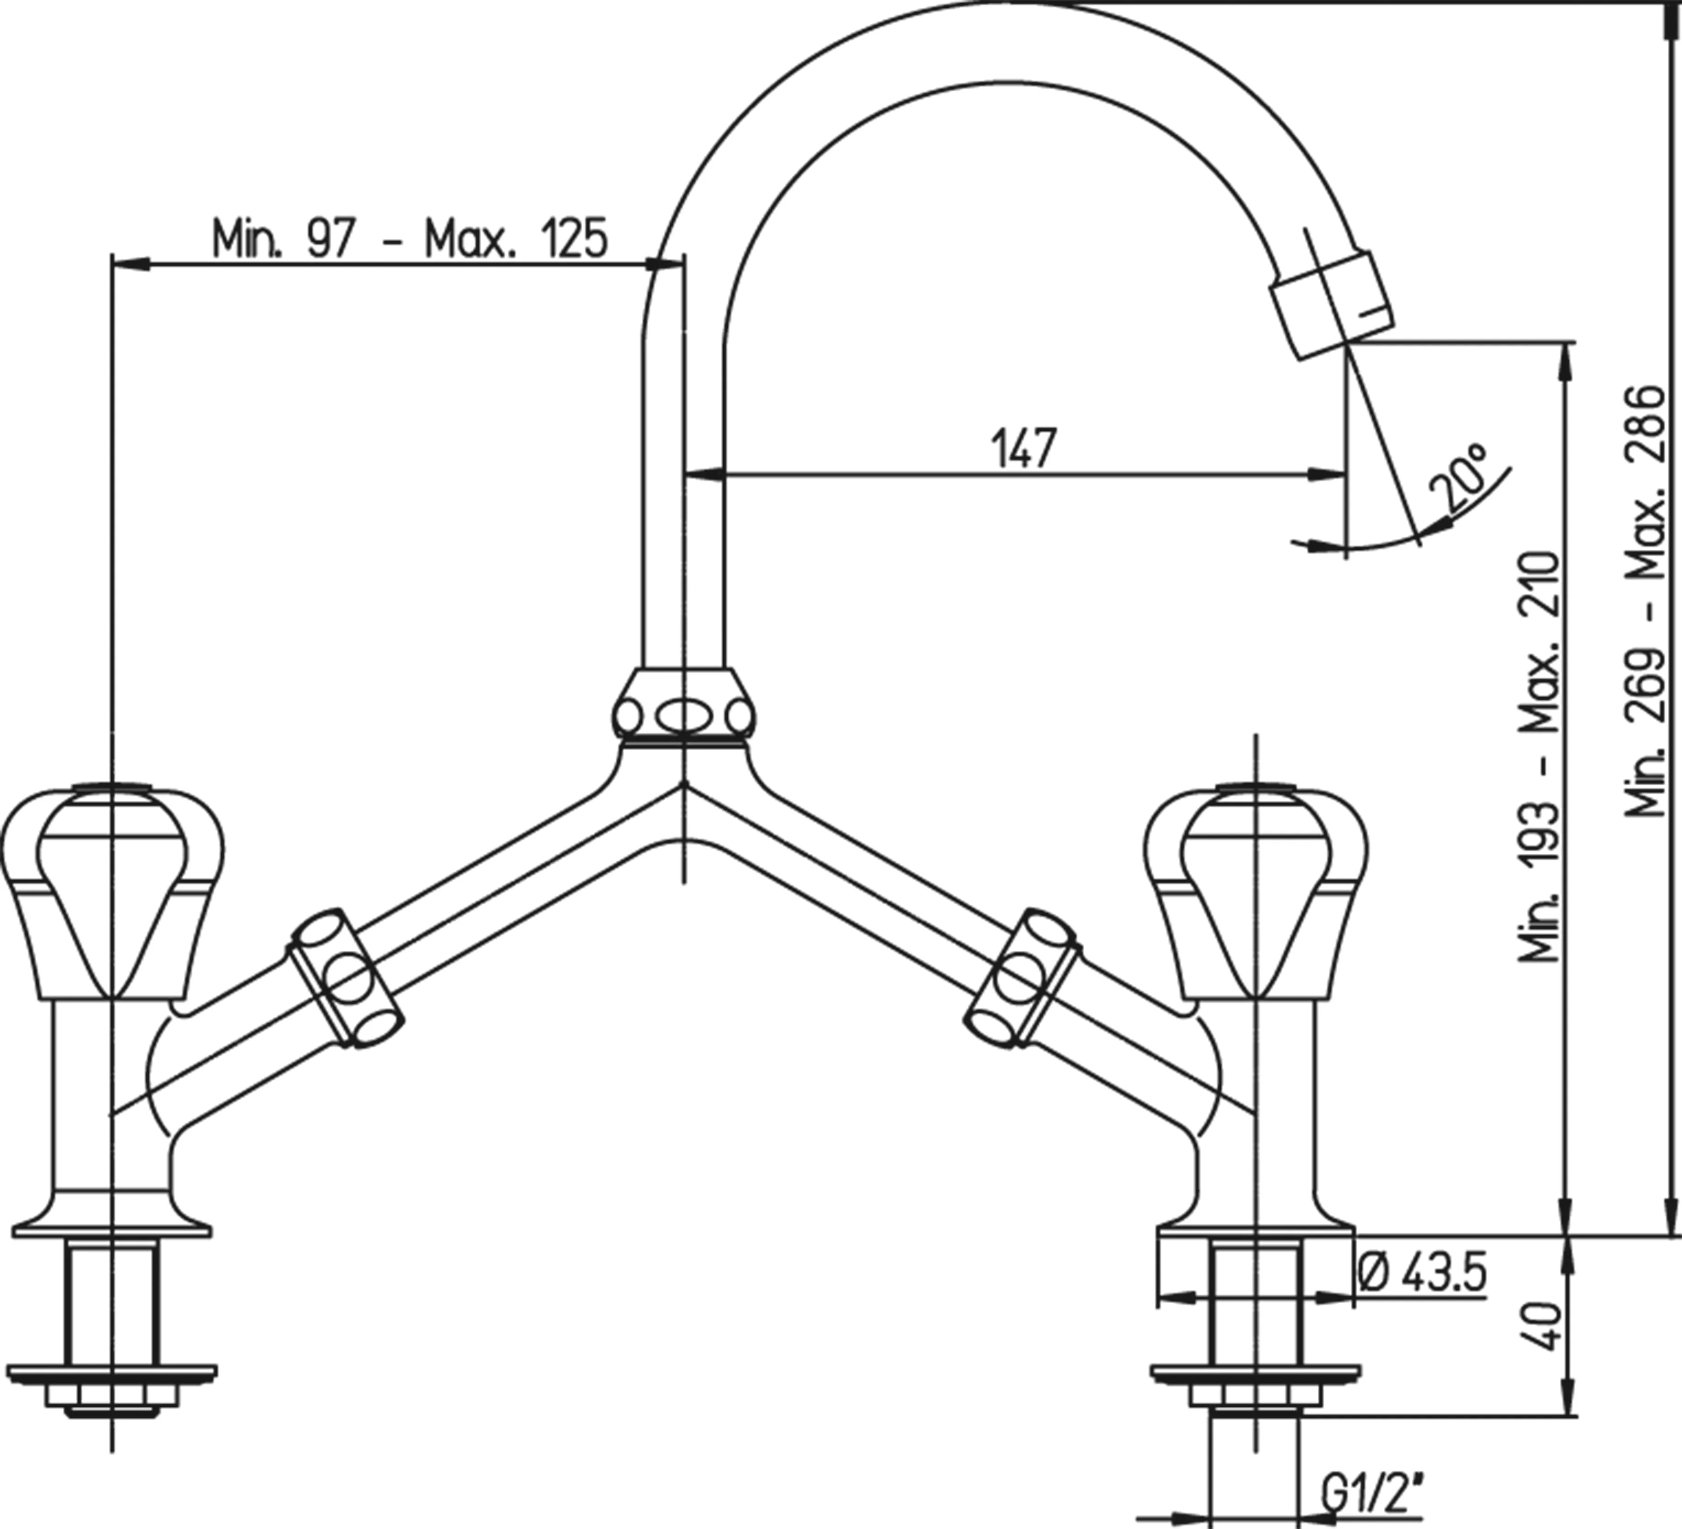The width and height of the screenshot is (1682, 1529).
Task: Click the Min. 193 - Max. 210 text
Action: click(1539, 755)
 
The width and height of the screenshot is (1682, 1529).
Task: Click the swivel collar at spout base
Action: click(684, 705)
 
